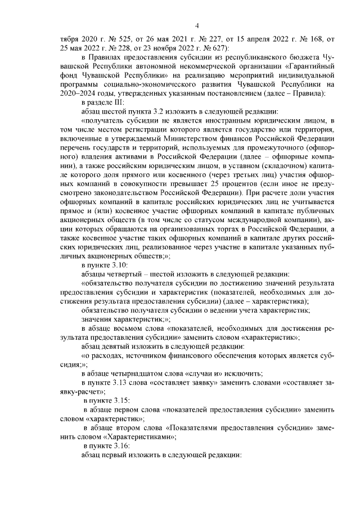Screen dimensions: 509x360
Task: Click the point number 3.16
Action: point(120,444)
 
